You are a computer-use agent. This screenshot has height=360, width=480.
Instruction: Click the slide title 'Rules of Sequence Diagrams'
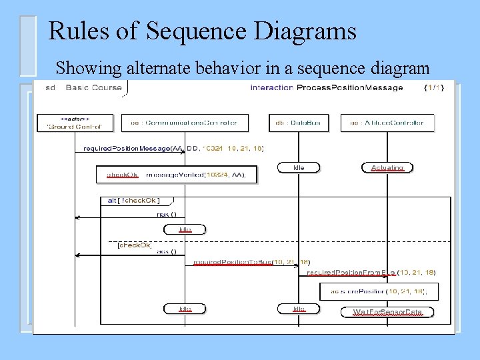pyautogui.click(x=203, y=31)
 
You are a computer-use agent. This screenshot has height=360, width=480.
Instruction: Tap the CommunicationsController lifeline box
pyautogui.click(x=183, y=123)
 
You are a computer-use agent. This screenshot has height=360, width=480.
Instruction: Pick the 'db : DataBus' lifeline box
pyautogui.click(x=298, y=123)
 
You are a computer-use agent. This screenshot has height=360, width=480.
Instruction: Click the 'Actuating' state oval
pyautogui.click(x=387, y=168)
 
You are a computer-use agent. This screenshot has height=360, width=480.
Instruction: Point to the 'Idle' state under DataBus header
pyautogui.click(x=299, y=168)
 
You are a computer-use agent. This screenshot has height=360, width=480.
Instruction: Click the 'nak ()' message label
pyautogui.click(x=167, y=214)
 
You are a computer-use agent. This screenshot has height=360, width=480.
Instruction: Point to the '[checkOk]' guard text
pyautogui.click(x=134, y=245)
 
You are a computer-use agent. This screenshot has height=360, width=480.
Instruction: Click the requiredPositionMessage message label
pyautogui.click(x=173, y=148)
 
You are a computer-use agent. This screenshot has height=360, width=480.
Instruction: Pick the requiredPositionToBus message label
pyautogui.click(x=251, y=262)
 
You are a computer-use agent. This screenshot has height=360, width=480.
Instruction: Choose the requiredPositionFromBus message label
pyautogui.click(x=371, y=272)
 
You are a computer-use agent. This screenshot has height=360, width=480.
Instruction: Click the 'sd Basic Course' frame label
pyautogui.click(x=84, y=87)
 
